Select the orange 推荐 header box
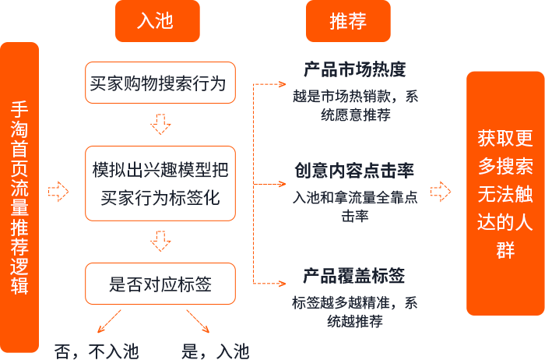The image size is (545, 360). (347, 21)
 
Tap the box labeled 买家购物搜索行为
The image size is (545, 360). (160, 83)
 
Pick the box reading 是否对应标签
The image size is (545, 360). (160, 284)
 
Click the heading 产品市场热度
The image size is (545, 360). (354, 70)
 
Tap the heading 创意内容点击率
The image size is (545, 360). (354, 171)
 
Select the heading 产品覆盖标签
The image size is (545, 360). (354, 276)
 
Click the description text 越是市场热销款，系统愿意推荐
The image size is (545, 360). (355, 105)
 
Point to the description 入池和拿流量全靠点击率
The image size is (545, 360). (355, 206)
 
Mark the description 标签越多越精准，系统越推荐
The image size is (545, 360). (355, 312)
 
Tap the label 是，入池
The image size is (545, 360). (215, 351)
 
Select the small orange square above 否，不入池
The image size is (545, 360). (110, 321)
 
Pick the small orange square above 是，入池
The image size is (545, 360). (198, 321)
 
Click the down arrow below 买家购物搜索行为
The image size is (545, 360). (160, 123)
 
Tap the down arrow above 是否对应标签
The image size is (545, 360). (160, 242)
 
